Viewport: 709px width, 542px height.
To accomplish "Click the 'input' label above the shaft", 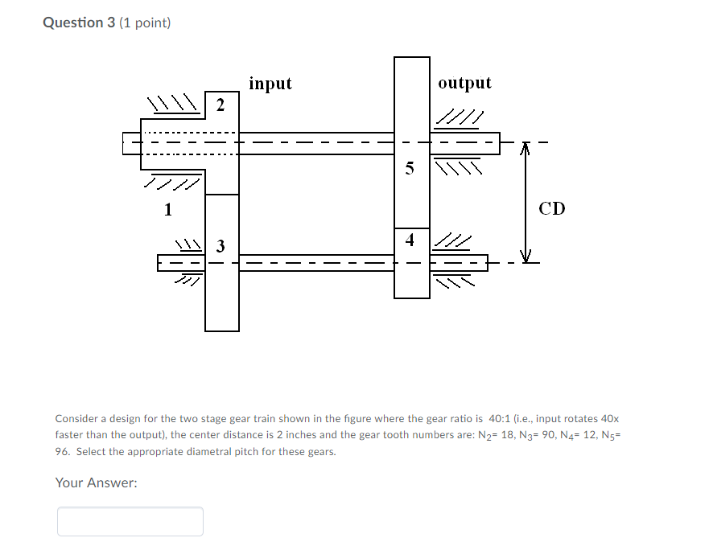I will click(x=270, y=84).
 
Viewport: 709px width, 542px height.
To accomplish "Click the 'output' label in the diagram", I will click(x=464, y=84).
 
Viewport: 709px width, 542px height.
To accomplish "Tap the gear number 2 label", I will click(x=221, y=105).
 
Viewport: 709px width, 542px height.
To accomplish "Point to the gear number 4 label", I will click(x=410, y=240).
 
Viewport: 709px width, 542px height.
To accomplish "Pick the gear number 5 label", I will click(x=410, y=169).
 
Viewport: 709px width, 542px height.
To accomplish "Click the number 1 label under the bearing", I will click(x=168, y=210).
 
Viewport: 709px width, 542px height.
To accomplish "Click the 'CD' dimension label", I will click(x=552, y=209).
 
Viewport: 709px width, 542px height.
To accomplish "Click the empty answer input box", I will click(x=130, y=521).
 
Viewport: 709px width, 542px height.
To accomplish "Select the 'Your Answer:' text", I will click(x=96, y=482).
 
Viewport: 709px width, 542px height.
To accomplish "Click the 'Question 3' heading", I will click(x=79, y=23).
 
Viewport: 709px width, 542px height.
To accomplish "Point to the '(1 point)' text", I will click(x=145, y=23).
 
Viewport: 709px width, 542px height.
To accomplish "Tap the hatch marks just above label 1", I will click(x=171, y=183).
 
